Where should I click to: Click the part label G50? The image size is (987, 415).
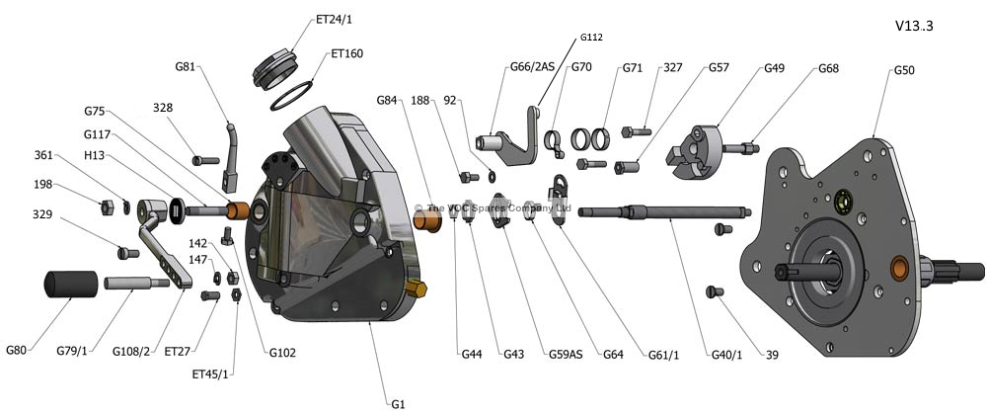(x=904, y=71)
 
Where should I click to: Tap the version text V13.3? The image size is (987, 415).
(x=913, y=26)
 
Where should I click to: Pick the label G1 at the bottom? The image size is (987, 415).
(x=399, y=403)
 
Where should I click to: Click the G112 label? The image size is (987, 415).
(x=591, y=38)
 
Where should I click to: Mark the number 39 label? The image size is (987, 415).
(x=773, y=354)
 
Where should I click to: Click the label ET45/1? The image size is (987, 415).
(x=210, y=375)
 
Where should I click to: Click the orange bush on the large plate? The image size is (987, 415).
(x=899, y=267)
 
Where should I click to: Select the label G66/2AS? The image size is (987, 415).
(x=532, y=68)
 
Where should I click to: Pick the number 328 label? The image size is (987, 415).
(x=163, y=108)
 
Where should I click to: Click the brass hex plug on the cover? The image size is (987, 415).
(x=418, y=290)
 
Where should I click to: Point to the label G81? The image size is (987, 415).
(x=186, y=67)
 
